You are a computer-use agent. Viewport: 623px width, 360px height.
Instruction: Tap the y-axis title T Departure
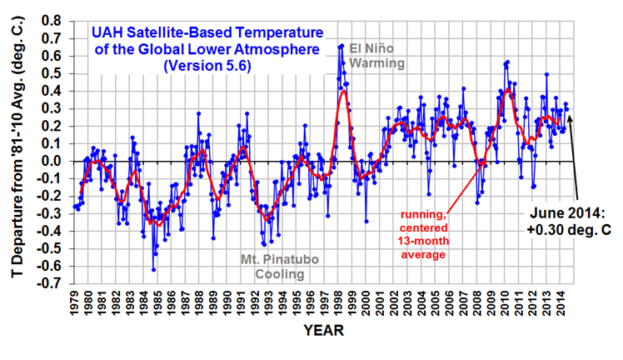pyautogui.click(x=17, y=150)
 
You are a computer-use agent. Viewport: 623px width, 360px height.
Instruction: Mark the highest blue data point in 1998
pyautogui.click(x=342, y=46)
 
